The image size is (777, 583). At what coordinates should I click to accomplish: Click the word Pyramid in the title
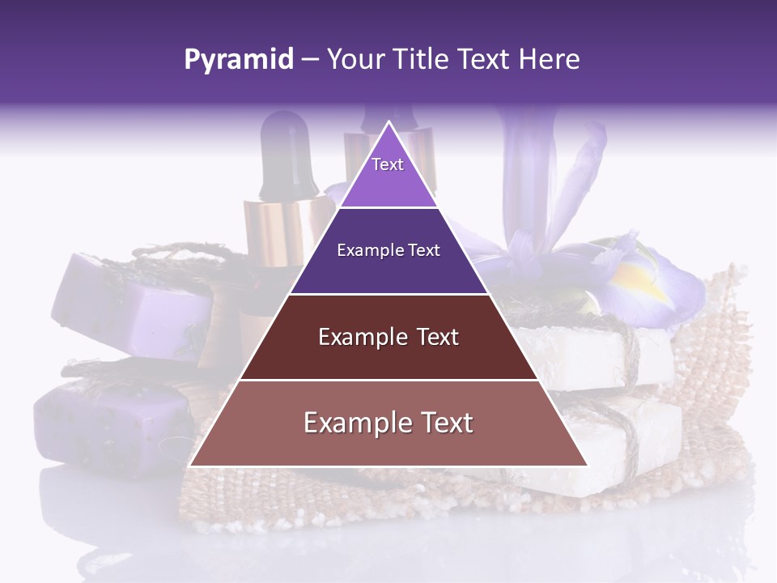(238, 60)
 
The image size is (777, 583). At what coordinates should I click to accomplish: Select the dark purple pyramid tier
(388, 251)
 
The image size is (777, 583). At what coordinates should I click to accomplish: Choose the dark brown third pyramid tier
(388, 337)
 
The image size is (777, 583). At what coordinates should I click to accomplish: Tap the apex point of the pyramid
(388, 122)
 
